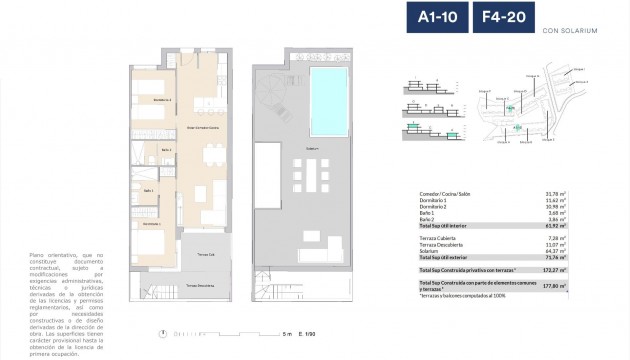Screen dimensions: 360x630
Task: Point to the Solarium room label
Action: [x=312, y=149]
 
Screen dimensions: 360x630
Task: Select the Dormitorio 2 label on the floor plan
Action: [x=148, y=100]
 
